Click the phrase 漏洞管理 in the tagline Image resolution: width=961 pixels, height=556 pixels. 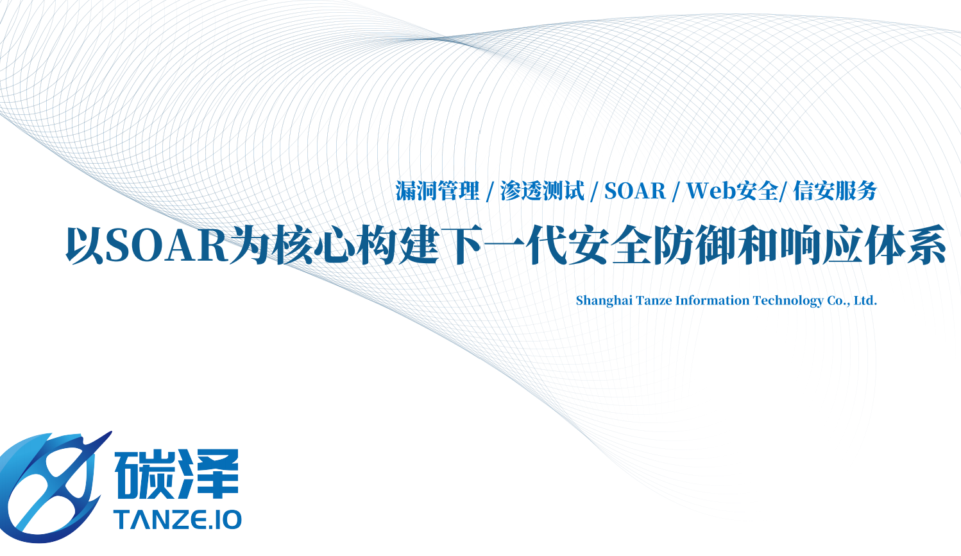(437, 191)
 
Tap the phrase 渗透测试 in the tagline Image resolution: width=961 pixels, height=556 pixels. (542, 191)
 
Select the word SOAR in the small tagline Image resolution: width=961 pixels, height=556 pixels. (635, 191)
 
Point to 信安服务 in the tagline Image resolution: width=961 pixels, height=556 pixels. (835, 191)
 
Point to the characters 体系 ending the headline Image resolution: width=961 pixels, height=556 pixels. (906, 246)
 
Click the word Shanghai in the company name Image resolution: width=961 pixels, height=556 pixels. (604, 301)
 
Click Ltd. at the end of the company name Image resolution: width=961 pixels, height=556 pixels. (865, 300)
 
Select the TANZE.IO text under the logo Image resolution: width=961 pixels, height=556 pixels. (177, 520)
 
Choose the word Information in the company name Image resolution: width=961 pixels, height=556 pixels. (713, 300)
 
